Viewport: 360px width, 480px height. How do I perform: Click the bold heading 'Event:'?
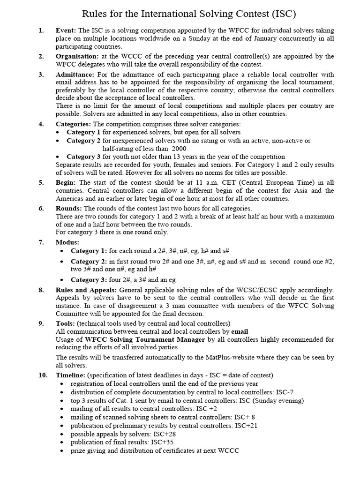pyautogui.click(x=66, y=30)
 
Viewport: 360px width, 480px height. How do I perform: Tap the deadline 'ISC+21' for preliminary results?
pyautogui.click(x=246, y=426)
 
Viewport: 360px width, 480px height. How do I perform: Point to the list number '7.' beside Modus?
pyautogui.click(x=41, y=242)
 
